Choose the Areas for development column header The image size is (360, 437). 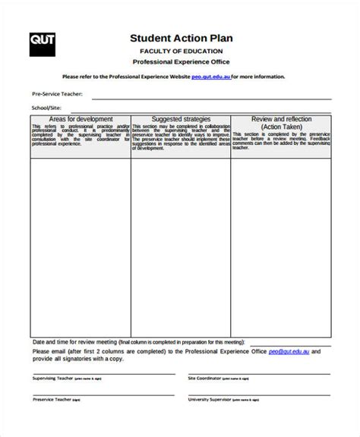81,119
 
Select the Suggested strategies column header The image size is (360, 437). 180,119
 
